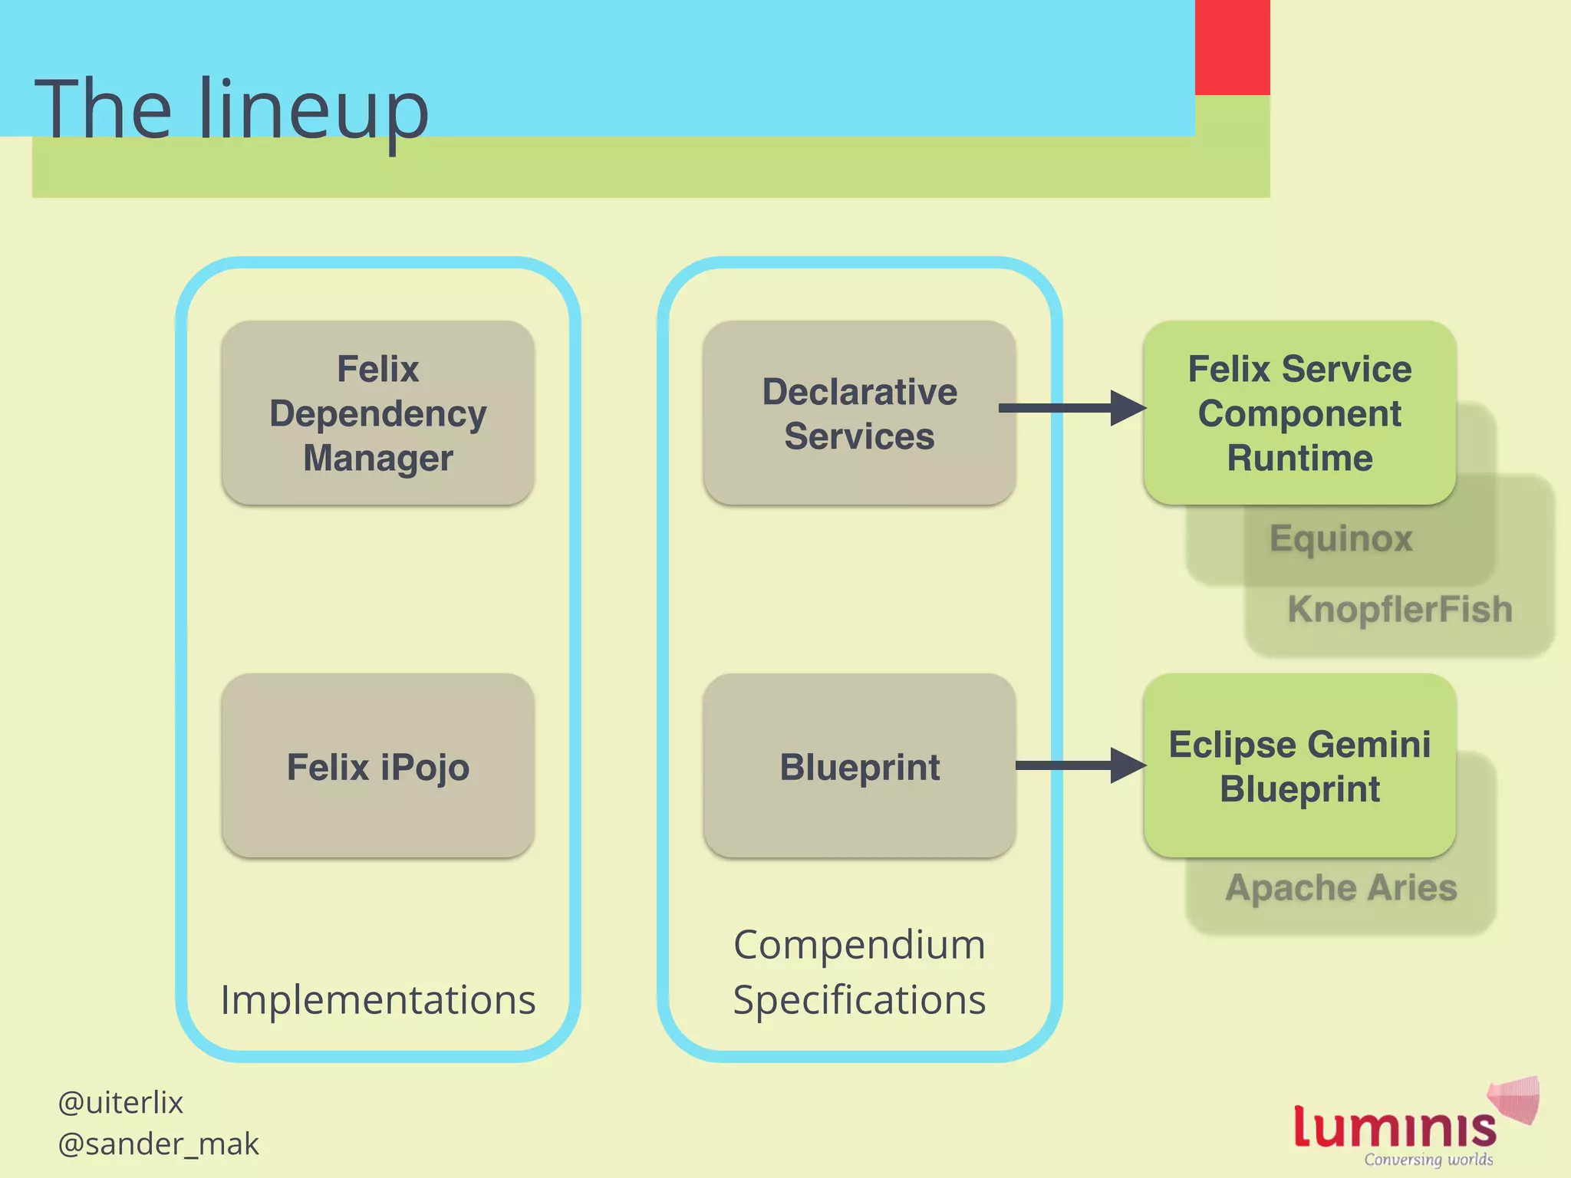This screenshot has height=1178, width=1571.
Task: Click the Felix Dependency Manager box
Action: coord(377,413)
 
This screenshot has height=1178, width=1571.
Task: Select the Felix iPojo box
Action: coord(377,766)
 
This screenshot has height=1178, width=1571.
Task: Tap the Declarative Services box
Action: coord(859,413)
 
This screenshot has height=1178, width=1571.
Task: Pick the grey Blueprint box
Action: coord(859,766)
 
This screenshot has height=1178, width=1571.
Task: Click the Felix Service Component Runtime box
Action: coord(1299,413)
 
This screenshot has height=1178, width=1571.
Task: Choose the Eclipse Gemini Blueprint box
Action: coord(1299,766)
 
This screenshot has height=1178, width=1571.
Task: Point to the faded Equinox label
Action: coord(1341,538)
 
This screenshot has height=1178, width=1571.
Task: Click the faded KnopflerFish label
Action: coord(1399,610)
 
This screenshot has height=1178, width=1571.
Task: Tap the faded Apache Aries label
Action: coord(1341,888)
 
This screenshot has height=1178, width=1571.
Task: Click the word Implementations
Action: coord(377,1000)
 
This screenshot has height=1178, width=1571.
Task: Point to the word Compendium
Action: coord(859,945)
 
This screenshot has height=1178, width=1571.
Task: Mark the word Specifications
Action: coord(859,1000)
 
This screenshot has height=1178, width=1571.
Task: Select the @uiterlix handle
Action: coord(120,1103)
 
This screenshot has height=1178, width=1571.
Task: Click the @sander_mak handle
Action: coord(158,1144)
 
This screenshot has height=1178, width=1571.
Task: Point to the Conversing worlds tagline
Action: coord(1428,1160)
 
